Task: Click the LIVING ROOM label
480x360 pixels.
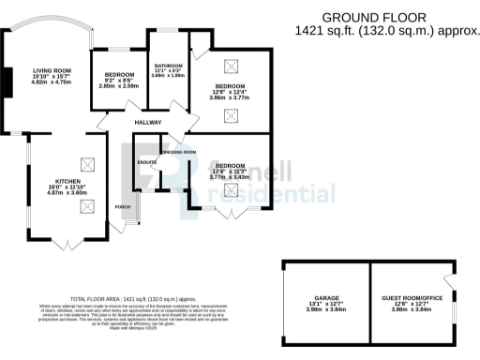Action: point(52,70)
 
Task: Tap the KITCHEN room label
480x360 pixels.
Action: point(67,180)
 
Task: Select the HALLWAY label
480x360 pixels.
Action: point(148,123)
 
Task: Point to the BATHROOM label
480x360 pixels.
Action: point(170,65)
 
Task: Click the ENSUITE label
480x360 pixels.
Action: point(147,162)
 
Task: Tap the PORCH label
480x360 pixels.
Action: point(122,206)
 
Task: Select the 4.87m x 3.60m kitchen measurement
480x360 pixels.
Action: point(67,192)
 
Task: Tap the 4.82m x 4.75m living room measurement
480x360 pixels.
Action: point(52,82)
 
